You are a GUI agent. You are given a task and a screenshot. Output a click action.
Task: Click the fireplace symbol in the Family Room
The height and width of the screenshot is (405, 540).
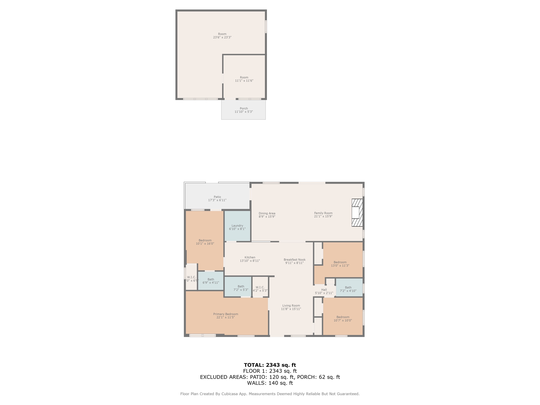[357, 213]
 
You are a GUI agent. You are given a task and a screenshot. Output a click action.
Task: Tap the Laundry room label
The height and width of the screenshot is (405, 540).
[237, 226]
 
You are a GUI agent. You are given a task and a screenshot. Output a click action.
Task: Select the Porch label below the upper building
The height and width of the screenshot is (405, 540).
[244, 108]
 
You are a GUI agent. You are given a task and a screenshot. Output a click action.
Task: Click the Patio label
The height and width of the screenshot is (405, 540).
[217, 197]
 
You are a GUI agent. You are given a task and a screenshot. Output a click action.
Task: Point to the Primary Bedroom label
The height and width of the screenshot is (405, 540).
[226, 314]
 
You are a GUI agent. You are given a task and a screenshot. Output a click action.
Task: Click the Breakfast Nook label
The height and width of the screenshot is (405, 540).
[295, 260]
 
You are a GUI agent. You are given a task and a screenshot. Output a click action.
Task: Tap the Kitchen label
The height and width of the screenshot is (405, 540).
[250, 257]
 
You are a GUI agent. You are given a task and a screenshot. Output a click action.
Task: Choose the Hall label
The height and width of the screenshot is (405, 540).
[324, 290]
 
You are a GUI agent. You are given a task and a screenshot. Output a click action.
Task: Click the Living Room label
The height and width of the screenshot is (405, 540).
[291, 306]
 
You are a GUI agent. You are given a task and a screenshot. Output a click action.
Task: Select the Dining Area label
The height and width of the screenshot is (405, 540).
[267, 213]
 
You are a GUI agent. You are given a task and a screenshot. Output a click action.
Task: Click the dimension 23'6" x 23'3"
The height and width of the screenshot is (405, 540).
[222, 37]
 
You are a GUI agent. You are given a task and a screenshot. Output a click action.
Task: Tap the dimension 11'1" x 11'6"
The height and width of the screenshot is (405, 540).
[244, 81]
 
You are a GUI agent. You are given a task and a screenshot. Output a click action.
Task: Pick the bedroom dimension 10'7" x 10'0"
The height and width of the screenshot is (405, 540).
[343, 320]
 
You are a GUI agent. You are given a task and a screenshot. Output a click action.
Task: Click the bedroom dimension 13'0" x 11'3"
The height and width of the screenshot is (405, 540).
[340, 266]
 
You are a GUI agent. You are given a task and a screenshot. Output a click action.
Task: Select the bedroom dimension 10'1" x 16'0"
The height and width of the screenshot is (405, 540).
[205, 244]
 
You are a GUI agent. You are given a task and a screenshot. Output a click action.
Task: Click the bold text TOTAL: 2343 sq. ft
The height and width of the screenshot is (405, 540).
[270, 365]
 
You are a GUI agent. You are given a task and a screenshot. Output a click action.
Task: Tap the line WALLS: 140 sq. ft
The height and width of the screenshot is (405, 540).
[270, 383]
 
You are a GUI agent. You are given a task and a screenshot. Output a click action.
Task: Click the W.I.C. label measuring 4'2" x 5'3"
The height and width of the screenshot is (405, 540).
[260, 289]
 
